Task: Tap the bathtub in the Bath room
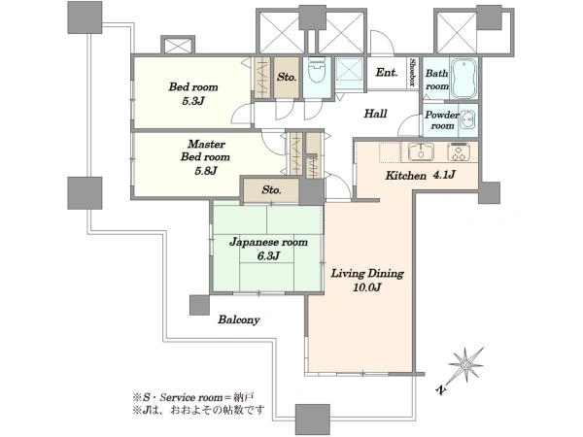(463, 79)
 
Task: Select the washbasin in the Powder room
(468, 119)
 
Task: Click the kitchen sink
(421, 151)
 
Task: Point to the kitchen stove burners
(459, 151)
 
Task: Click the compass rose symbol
(464, 365)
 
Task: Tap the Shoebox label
(412, 72)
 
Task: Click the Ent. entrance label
(387, 72)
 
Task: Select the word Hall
(375, 114)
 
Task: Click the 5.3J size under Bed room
(193, 101)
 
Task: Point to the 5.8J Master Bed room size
(206, 171)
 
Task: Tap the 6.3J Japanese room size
(268, 255)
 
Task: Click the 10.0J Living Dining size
(367, 286)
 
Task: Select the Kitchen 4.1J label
(420, 175)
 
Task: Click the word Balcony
(239, 319)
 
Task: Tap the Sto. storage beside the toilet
(287, 78)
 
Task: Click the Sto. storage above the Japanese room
(271, 190)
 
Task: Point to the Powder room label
(442, 120)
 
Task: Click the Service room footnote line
(193, 397)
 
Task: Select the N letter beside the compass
(441, 389)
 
